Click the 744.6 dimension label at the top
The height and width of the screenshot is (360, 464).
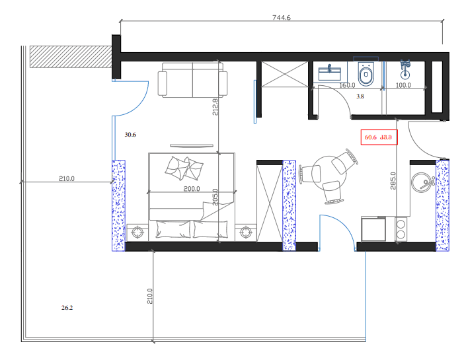pyautogui.click(x=282, y=18)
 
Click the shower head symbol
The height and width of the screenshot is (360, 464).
pyautogui.click(x=406, y=65)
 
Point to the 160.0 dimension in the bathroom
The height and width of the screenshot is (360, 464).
pyautogui.click(x=347, y=85)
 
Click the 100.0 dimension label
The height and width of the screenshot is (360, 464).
pyautogui.click(x=403, y=85)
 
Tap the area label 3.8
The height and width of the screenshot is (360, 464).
pyautogui.click(x=360, y=96)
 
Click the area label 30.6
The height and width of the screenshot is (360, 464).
pyautogui.click(x=130, y=135)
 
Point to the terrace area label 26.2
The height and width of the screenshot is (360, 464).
pyautogui.click(x=67, y=307)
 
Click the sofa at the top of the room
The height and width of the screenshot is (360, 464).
pyautogui.click(x=192, y=81)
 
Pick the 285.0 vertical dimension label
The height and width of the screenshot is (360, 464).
pyautogui.click(x=393, y=181)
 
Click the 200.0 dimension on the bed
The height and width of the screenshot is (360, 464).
pyautogui.click(x=192, y=189)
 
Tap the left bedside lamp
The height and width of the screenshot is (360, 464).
pyautogui.click(x=138, y=232)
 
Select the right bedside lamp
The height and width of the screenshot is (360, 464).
pyautogui.click(x=247, y=232)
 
